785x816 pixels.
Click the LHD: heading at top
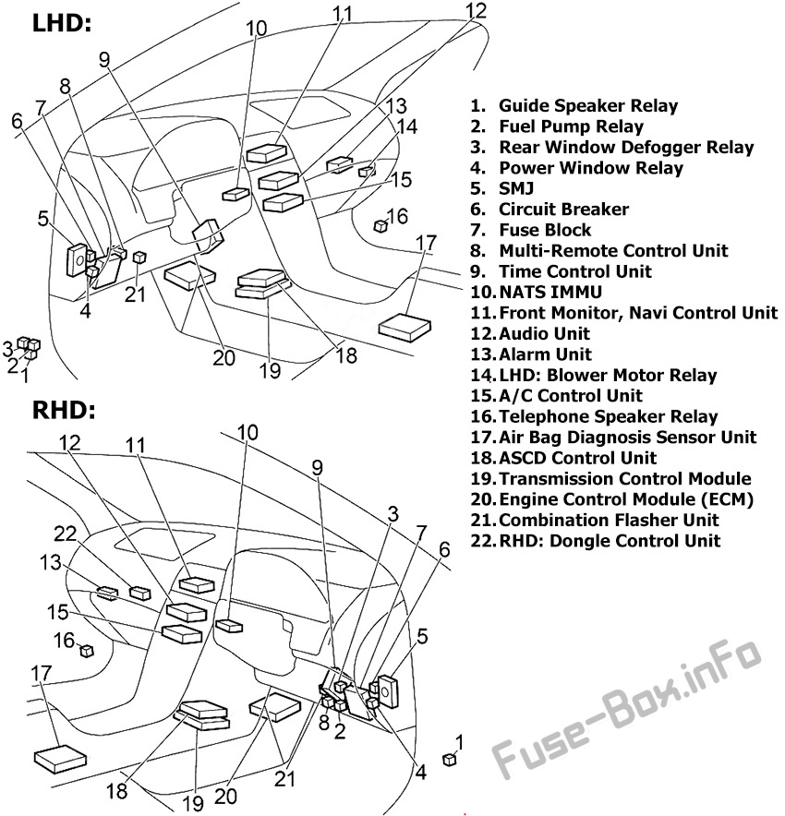[62, 24]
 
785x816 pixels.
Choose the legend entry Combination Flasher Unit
[609, 521]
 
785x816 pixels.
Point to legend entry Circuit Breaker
[563, 210]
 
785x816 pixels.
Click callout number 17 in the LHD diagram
[426, 244]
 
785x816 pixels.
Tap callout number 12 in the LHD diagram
[475, 11]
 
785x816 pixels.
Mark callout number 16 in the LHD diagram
[396, 217]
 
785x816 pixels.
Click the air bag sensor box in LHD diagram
[405, 326]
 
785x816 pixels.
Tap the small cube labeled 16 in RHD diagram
[87, 651]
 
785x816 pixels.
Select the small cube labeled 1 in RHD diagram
[450, 759]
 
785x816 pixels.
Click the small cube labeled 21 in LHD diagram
[138, 258]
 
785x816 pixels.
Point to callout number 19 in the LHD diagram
[269, 371]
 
